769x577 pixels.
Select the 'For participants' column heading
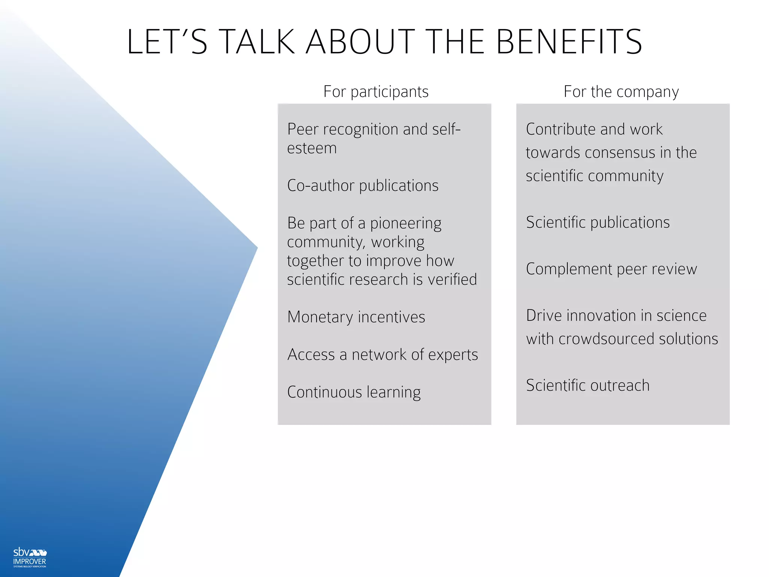click(376, 92)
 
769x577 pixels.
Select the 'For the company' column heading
click(621, 92)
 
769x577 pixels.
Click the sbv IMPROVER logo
click(30, 557)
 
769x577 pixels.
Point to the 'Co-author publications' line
click(363, 186)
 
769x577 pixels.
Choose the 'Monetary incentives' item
click(356, 317)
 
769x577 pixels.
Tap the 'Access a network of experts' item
click(383, 355)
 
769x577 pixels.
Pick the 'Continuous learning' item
click(354, 392)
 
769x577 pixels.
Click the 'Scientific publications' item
click(598, 222)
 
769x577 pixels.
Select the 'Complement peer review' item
click(611, 269)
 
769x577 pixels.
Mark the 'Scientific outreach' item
click(588, 385)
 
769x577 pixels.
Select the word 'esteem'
click(312, 148)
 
